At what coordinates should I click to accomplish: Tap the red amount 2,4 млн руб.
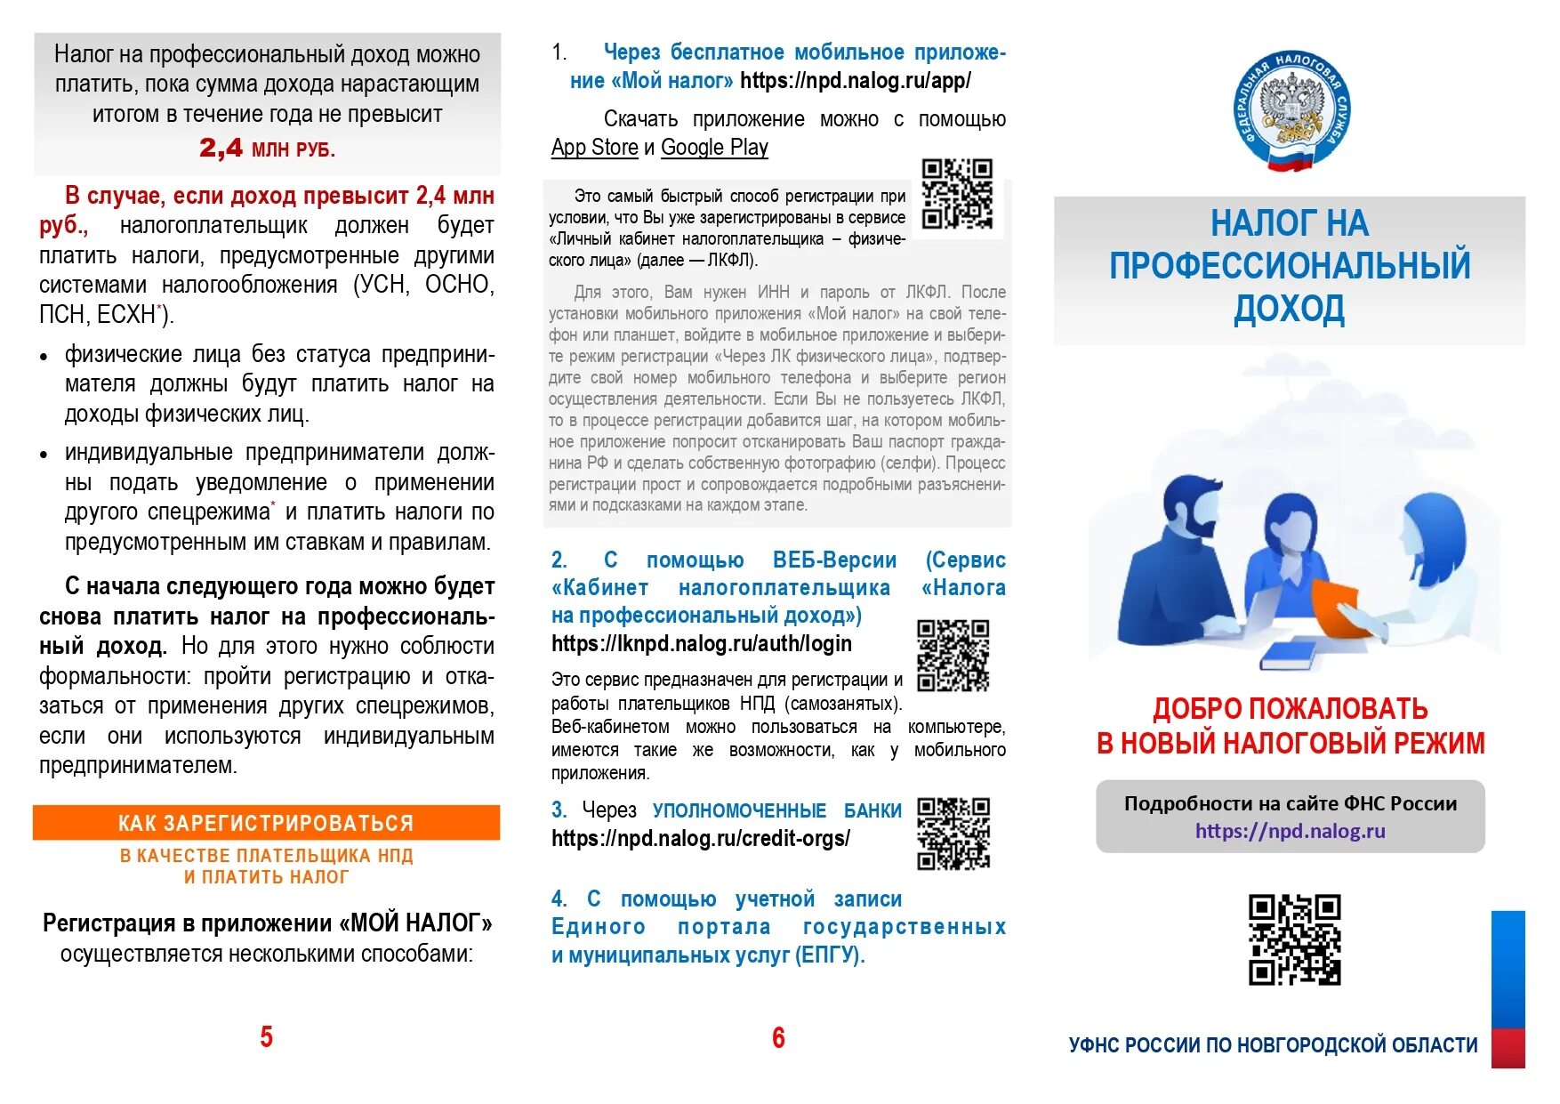[267, 149]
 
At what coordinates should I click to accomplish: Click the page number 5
[266, 1036]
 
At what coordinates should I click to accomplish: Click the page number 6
[778, 1037]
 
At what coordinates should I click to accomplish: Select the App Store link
[594, 148]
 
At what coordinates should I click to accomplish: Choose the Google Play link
[714, 148]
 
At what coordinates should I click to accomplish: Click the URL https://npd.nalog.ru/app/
[855, 81]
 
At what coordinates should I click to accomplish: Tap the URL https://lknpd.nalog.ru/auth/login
[701, 644]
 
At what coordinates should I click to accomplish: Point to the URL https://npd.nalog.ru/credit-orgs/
[700, 839]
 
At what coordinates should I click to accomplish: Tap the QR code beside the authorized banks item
[953, 834]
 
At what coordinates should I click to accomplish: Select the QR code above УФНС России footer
[1294, 939]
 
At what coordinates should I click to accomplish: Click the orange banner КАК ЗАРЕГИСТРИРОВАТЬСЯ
[266, 823]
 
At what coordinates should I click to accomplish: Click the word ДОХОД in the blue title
[1289, 309]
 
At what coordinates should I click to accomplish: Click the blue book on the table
[1287, 656]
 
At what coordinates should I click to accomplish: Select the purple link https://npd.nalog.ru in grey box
[1290, 831]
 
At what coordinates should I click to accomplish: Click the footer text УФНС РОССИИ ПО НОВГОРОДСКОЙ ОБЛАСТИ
[1273, 1045]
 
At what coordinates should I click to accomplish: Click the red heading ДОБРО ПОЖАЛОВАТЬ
[1290, 709]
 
